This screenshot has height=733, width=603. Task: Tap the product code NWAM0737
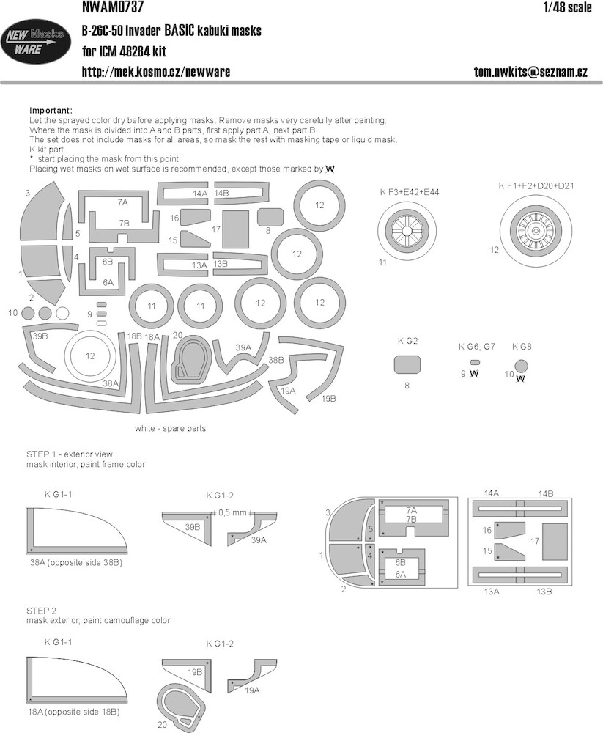(x=112, y=7)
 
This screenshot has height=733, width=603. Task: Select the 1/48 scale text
(x=568, y=7)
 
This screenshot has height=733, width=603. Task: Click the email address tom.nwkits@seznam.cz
(x=530, y=72)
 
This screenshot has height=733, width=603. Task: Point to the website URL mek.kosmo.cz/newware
(x=155, y=72)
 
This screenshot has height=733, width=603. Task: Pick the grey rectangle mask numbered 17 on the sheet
(x=235, y=229)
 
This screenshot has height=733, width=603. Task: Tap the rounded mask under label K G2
(x=407, y=364)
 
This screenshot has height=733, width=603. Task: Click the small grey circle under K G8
(x=521, y=366)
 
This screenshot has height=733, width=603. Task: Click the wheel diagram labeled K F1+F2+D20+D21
(x=536, y=231)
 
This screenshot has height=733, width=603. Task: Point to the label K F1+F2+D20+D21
(x=536, y=185)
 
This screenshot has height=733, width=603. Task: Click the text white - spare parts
(x=170, y=428)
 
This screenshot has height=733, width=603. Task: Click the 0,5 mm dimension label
(x=232, y=512)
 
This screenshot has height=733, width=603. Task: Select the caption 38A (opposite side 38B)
(x=76, y=562)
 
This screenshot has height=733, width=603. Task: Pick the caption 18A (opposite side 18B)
(x=73, y=712)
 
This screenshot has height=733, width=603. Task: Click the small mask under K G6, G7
(x=475, y=362)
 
